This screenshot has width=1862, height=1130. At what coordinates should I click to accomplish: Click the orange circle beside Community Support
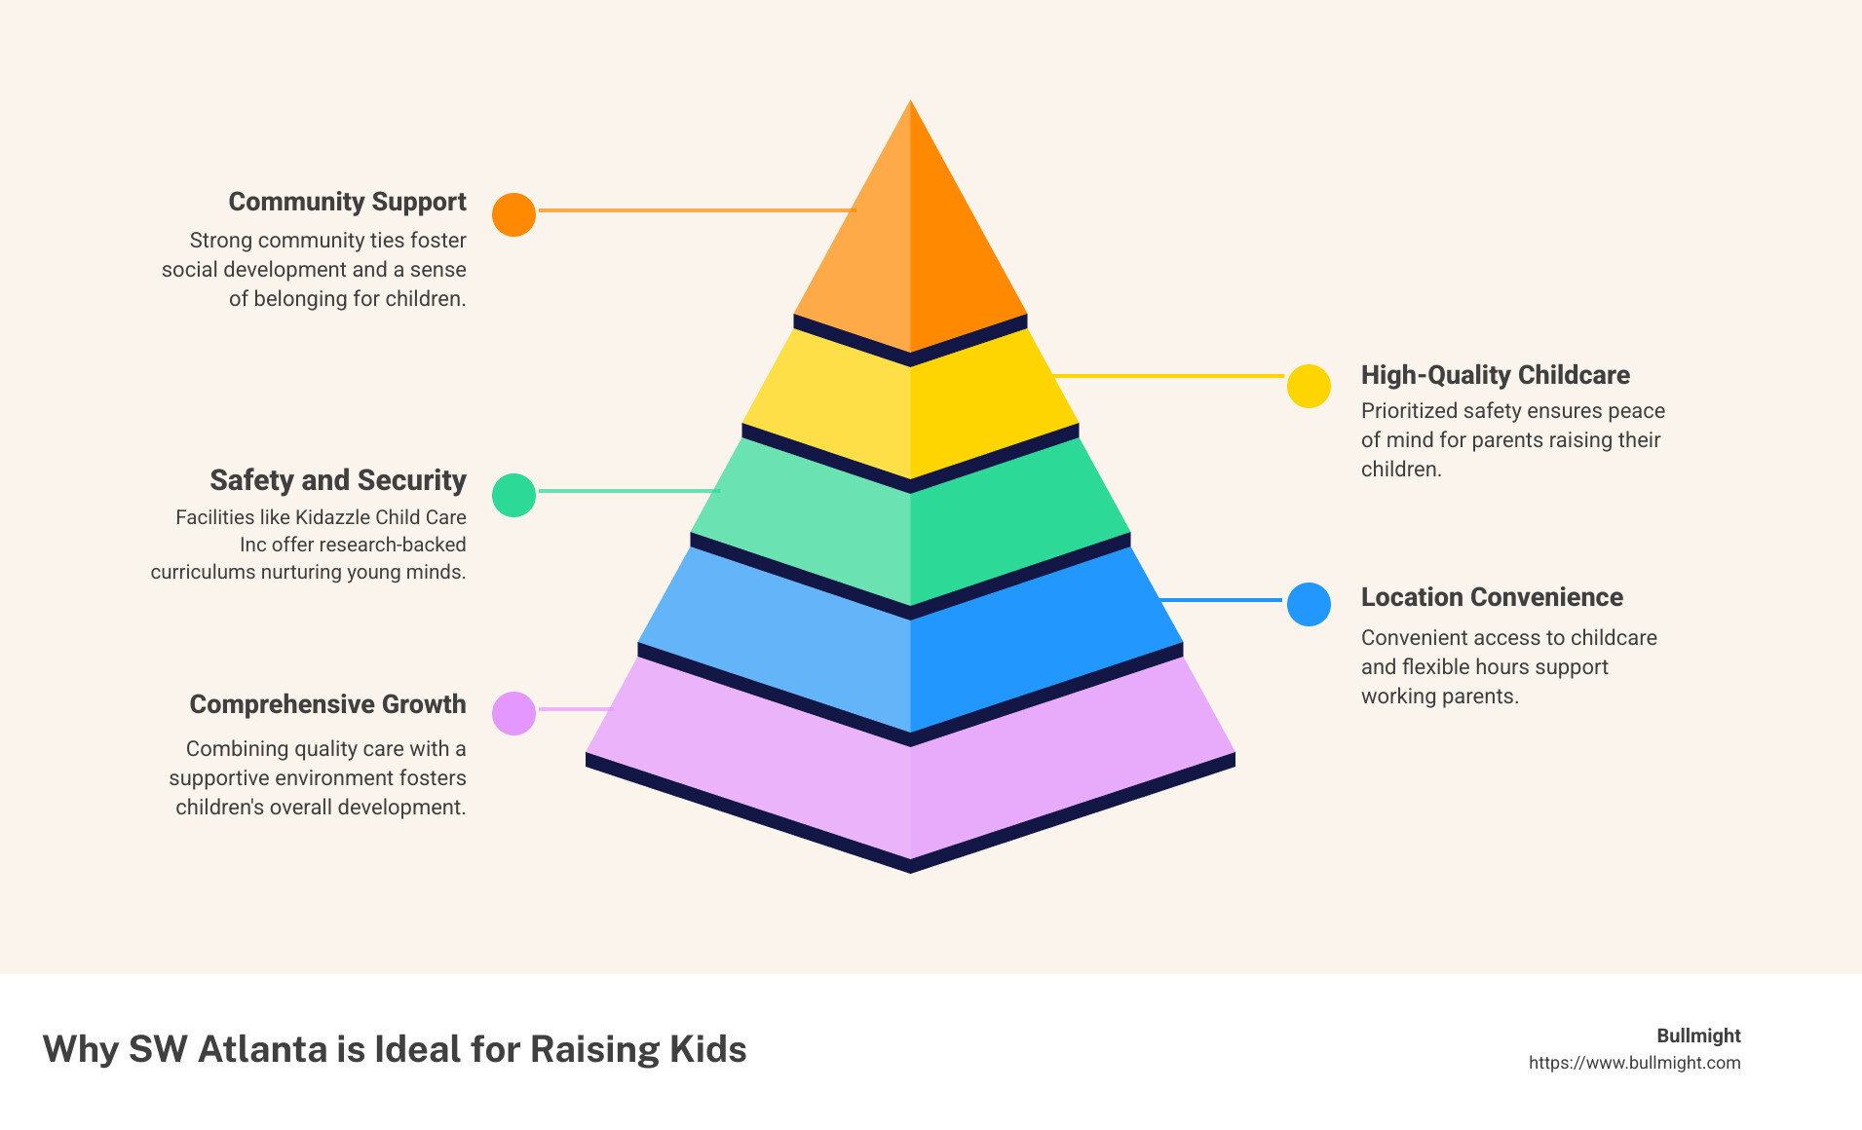pyautogui.click(x=513, y=214)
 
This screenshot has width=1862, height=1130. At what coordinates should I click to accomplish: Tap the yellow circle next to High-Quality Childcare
pyautogui.click(x=1309, y=386)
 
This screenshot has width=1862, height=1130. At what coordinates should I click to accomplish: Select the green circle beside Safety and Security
pyautogui.click(x=513, y=495)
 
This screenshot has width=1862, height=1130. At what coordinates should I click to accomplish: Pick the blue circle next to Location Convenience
pyautogui.click(x=1309, y=604)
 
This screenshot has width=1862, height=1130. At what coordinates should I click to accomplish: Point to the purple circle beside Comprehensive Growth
pyautogui.click(x=513, y=713)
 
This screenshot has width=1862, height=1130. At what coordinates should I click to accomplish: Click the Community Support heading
pyautogui.click(x=347, y=202)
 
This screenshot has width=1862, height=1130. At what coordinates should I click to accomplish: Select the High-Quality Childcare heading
pyautogui.click(x=1495, y=375)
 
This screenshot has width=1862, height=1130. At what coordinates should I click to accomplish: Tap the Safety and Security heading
pyautogui.click(x=338, y=480)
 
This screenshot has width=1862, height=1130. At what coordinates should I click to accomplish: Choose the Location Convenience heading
pyautogui.click(x=1492, y=597)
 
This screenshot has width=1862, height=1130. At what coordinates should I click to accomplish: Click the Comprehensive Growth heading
pyautogui.click(x=327, y=704)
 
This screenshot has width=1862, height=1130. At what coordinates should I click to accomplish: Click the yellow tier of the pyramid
pyautogui.click(x=910, y=409)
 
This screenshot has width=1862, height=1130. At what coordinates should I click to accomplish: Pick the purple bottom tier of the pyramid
pyautogui.click(x=910, y=779)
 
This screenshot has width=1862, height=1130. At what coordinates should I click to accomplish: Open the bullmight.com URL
pyautogui.click(x=1634, y=1063)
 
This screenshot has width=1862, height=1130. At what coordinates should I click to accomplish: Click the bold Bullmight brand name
pyautogui.click(x=1698, y=1036)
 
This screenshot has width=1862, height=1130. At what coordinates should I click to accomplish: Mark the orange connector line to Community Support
pyautogui.click(x=696, y=210)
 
